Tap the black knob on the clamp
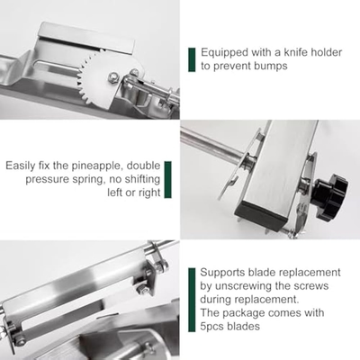(x=331, y=196)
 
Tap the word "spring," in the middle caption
(x=88, y=180)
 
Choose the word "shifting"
(x=142, y=179)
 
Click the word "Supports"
(x=222, y=273)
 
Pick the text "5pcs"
(x=211, y=326)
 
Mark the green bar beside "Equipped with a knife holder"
(x=192, y=59)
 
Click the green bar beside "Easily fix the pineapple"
(x=168, y=180)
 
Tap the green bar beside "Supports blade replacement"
(x=192, y=300)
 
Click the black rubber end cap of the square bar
(x=259, y=217)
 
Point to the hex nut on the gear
(x=113, y=77)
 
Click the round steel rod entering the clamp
(x=211, y=145)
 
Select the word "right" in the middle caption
(x=149, y=193)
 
